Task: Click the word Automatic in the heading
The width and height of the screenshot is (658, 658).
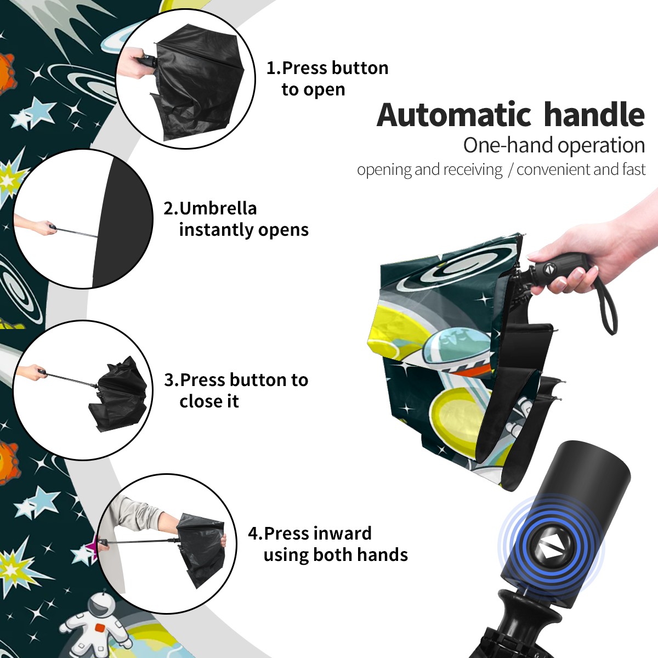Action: coord(454,115)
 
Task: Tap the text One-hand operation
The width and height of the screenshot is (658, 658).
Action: coord(554,145)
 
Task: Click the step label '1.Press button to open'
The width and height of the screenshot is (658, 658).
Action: coord(327,78)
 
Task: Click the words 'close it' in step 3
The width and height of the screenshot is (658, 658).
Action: coord(209,401)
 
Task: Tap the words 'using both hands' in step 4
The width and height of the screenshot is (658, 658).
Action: coord(336,555)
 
